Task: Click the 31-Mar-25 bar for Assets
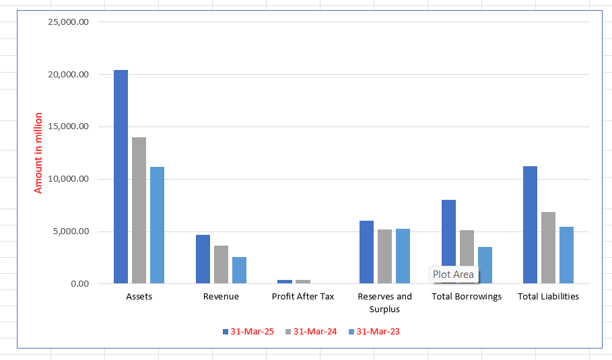pyautogui.click(x=121, y=176)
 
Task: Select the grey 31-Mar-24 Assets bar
pyautogui.click(x=139, y=210)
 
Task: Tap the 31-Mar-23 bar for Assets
pyautogui.click(x=157, y=225)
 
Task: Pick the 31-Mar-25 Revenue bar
pyautogui.click(x=203, y=259)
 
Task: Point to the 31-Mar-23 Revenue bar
pyautogui.click(x=239, y=270)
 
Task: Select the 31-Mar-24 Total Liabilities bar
pyautogui.click(x=548, y=248)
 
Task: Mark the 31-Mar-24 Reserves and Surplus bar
pyautogui.click(x=384, y=256)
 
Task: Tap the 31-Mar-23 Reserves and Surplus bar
pyautogui.click(x=403, y=256)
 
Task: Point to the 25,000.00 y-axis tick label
pyautogui.click(x=69, y=22)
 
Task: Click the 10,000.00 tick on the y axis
pyautogui.click(x=69, y=179)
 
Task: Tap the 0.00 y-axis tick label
pyautogui.click(x=79, y=283)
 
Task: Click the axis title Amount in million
pyautogui.click(x=38, y=153)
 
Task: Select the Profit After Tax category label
pyautogui.click(x=303, y=296)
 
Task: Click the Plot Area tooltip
pyautogui.click(x=453, y=275)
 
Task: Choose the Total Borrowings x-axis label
pyautogui.click(x=467, y=296)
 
